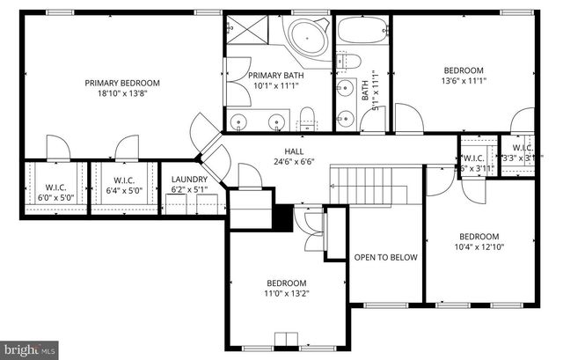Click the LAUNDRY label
(188, 178)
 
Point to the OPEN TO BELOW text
(385, 258)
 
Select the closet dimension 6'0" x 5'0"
(38, 196)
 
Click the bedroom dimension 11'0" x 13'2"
(287, 295)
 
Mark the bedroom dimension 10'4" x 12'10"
(479, 248)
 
